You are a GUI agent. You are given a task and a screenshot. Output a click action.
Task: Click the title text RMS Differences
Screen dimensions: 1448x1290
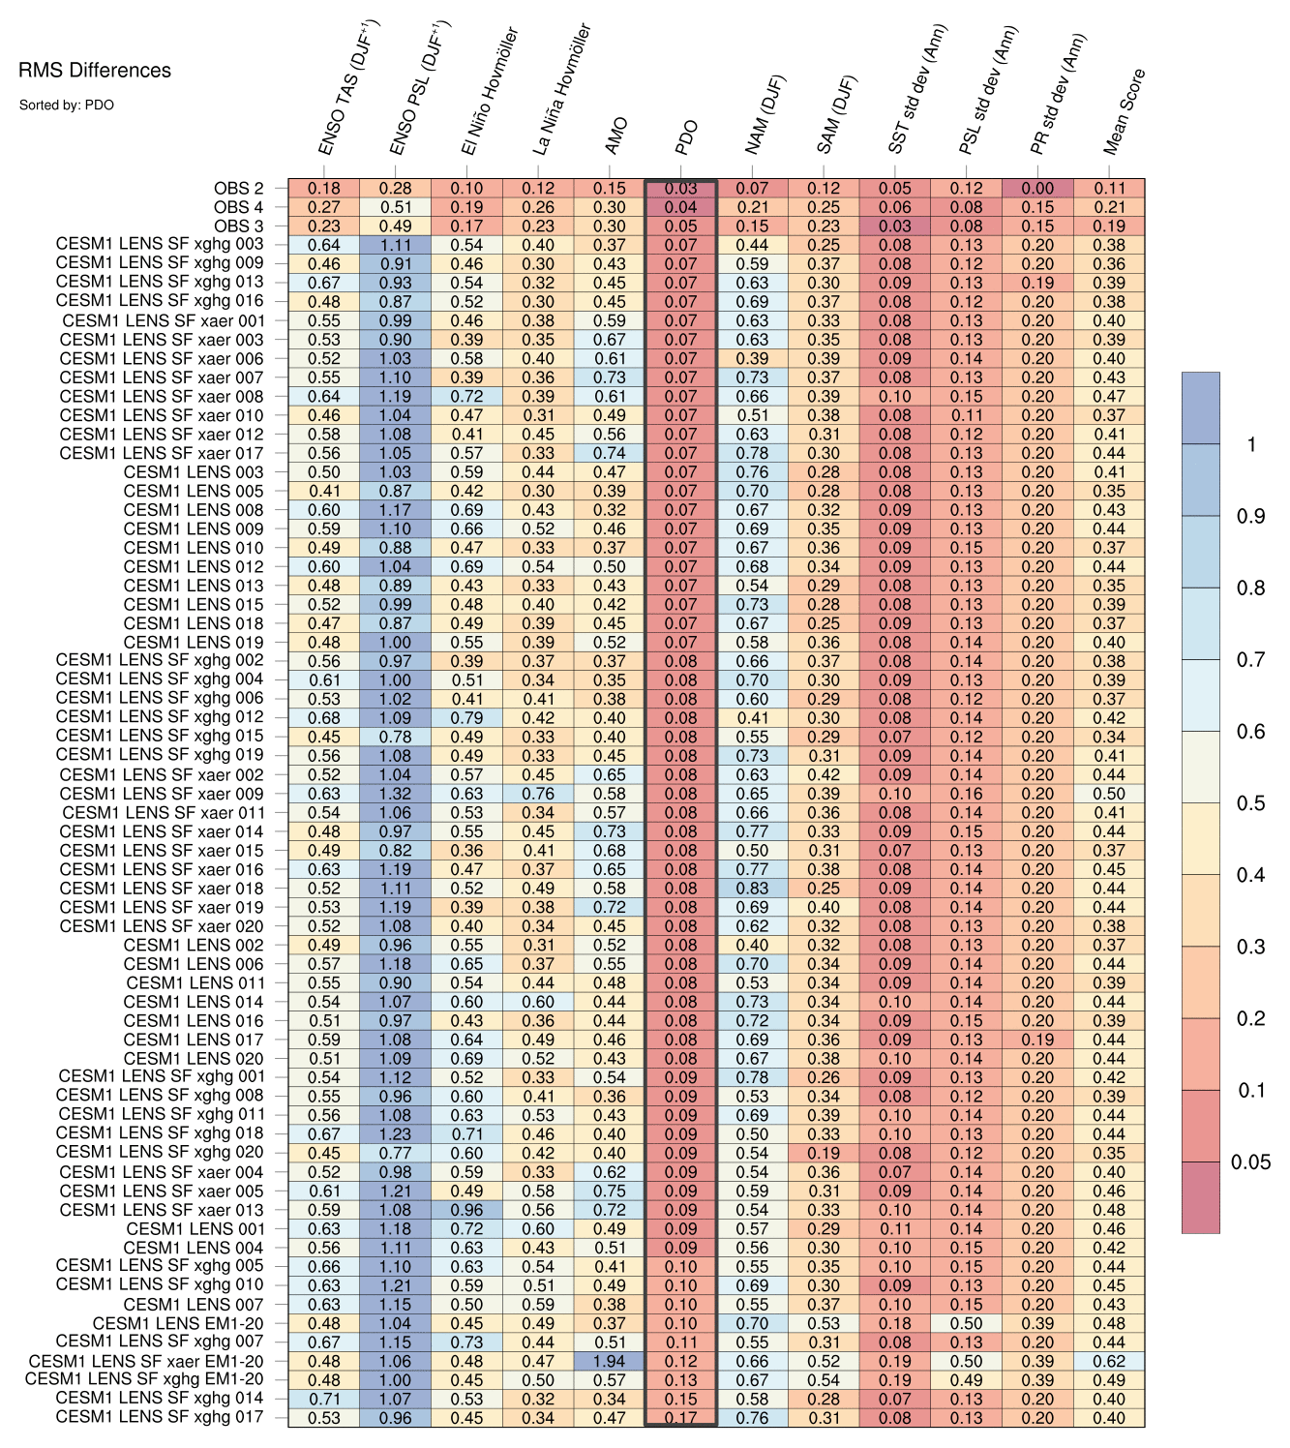coord(95,71)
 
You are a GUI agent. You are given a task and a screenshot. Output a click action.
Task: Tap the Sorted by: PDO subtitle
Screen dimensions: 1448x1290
coord(66,105)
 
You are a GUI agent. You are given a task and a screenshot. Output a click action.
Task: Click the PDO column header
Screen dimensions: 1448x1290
coord(687,137)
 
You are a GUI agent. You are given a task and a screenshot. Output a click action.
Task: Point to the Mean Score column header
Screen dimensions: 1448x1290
coord(1125,111)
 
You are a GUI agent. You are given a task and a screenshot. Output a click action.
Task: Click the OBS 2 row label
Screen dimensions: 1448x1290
coord(238,189)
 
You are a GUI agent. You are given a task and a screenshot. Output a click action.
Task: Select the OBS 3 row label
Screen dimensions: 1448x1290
coord(238,226)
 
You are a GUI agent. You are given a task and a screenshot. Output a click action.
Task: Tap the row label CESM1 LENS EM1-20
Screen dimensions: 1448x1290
coord(178,1323)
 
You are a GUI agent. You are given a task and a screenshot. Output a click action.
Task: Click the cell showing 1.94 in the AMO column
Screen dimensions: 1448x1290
coord(610,1361)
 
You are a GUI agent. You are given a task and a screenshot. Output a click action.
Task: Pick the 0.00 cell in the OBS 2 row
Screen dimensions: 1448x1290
coord(1038,189)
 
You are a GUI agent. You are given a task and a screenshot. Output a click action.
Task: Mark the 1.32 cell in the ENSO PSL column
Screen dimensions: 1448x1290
coord(395,794)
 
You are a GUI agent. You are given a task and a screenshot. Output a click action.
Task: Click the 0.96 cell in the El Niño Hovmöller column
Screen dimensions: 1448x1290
coord(466,1210)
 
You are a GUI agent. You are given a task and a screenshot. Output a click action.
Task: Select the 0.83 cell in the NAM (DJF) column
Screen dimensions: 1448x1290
coord(752,889)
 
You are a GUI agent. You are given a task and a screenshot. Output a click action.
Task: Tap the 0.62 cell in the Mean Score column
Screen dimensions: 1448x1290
coord(1109,1361)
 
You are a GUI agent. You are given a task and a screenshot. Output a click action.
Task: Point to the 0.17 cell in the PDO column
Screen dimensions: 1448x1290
coord(681,1418)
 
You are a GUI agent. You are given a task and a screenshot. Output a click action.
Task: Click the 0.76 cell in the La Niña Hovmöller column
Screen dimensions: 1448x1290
coord(538,794)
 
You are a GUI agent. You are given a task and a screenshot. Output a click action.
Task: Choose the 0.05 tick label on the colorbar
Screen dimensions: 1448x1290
coord(1250,1162)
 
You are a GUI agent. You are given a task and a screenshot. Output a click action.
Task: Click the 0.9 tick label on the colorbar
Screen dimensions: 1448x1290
coord(1250,517)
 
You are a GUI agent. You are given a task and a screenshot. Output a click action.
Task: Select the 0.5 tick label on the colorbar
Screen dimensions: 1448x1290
coord(1250,803)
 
